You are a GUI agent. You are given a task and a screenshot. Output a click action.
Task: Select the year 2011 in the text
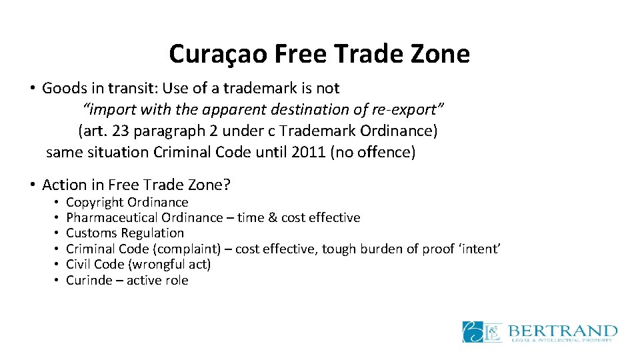(x=309, y=152)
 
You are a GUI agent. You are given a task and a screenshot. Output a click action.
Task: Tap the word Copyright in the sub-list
(x=95, y=202)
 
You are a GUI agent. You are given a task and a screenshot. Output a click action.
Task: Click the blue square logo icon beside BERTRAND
(x=482, y=332)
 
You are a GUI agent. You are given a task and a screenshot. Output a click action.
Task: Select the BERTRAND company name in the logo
(x=563, y=329)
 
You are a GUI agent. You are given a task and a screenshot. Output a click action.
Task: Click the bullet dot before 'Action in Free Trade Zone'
(x=32, y=185)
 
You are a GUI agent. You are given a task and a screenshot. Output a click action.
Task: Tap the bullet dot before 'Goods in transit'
(x=32, y=88)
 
